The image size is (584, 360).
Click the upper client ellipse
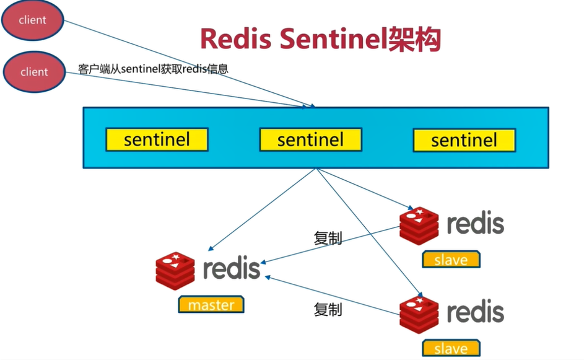pos(32,20)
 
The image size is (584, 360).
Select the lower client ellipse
pos(34,71)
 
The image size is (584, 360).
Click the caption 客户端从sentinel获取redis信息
pos(153,68)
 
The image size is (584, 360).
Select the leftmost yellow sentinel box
pos(157,139)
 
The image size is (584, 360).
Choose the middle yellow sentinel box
pos(310,139)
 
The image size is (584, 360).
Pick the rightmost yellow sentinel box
pos(464,139)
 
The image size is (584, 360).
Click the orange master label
pos(211,305)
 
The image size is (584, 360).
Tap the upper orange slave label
pos(451,260)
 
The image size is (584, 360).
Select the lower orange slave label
pos(451,348)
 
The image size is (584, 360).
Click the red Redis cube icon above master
pos(175,271)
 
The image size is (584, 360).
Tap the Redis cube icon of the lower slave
pos(419,314)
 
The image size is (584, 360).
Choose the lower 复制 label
pos(328,310)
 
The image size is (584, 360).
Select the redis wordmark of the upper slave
pos(475,224)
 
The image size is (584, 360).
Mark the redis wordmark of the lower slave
pos(475,312)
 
